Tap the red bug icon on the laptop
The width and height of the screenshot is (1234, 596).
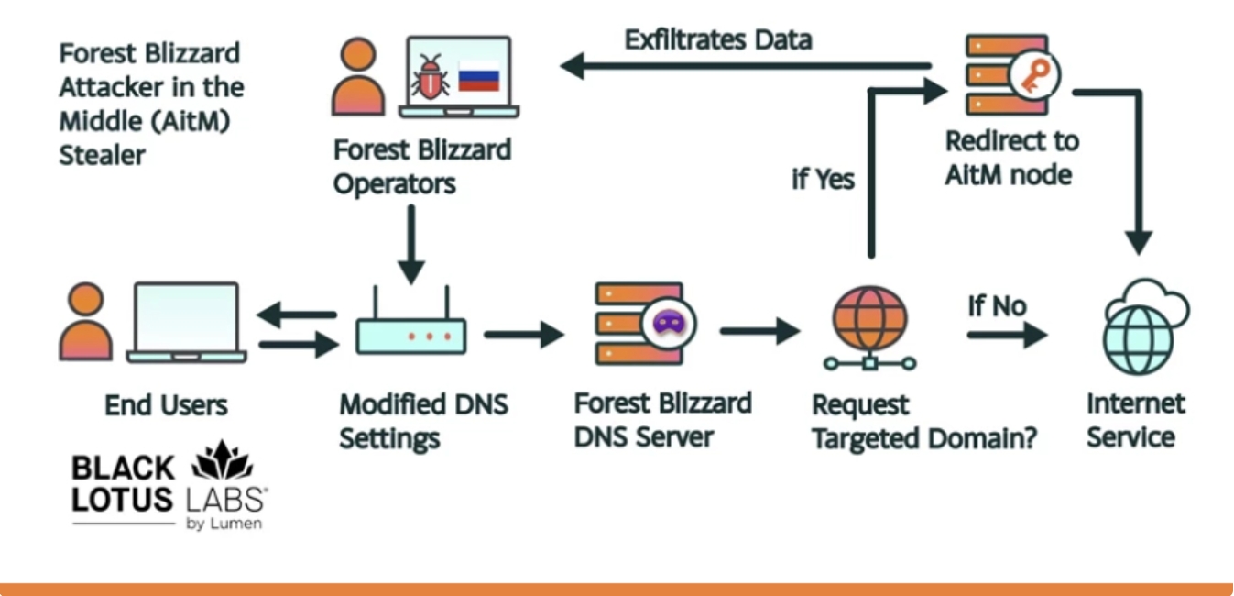[431, 76]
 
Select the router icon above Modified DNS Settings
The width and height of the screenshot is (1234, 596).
[410, 325]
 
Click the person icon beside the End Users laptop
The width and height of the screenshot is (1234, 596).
[86, 321]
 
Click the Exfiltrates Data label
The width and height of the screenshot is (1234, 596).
[718, 39]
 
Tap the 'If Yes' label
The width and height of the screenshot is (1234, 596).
[823, 179]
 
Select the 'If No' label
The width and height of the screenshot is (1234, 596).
[997, 306]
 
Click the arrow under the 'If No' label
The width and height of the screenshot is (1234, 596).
[1006, 336]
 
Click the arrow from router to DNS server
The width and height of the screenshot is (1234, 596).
[523, 335]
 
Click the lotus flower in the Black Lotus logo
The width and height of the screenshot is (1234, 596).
[222, 461]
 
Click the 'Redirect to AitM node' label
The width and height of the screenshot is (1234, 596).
[1011, 158]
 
